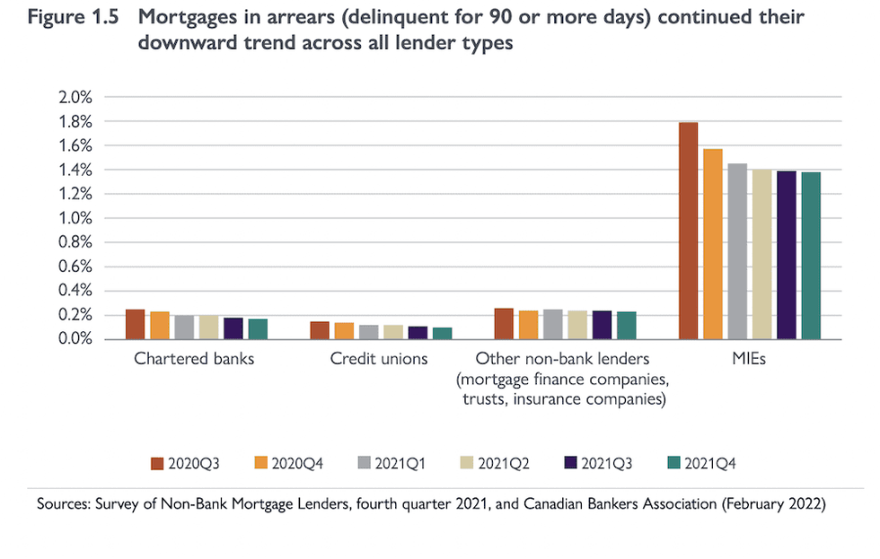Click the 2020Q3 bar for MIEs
tap(688, 231)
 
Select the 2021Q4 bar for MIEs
tap(811, 256)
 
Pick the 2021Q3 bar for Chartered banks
tap(233, 328)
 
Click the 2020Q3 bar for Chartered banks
tap(136, 324)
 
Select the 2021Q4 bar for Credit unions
tap(442, 333)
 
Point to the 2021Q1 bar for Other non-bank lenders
tap(553, 324)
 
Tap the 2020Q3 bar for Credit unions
tap(320, 330)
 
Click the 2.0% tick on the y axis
tap(75, 97)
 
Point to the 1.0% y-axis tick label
tap(75, 218)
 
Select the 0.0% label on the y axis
tap(75, 339)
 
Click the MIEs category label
tap(749, 360)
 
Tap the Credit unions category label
tap(379, 360)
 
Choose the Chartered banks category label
tap(194, 360)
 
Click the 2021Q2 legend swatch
tap(468, 463)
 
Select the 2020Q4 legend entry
tap(289, 463)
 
